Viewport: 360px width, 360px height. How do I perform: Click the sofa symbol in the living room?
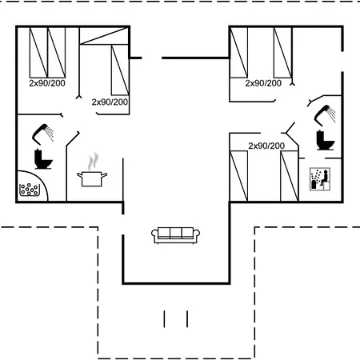pos(175,235)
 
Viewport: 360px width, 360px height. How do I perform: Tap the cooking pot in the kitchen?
pos(92,179)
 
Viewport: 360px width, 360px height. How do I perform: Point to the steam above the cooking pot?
pos(93,162)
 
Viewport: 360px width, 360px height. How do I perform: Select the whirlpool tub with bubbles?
pos(30,190)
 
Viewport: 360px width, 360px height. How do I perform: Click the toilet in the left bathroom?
pos(43,159)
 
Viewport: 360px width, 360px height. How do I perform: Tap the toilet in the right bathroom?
pos(325,140)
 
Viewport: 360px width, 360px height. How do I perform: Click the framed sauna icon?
pos(320,179)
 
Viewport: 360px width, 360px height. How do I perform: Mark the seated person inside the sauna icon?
pos(325,178)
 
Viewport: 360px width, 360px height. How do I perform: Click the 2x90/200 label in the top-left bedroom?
pos(47,83)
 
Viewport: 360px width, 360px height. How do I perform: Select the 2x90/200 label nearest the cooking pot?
pos(110,102)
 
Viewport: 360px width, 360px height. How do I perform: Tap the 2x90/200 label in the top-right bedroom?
pos(263,83)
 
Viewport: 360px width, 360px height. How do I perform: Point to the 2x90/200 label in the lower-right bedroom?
pos(266,146)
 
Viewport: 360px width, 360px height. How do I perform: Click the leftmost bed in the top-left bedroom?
pos(38,53)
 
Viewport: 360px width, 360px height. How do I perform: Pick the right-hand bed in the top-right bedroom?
pos(283,53)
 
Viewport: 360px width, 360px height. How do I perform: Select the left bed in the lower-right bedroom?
pos(238,176)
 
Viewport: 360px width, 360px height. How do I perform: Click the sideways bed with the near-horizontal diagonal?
pos(104,36)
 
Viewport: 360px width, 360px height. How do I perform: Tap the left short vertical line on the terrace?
pos(164,319)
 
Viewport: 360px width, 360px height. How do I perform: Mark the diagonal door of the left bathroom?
pos(73,138)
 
